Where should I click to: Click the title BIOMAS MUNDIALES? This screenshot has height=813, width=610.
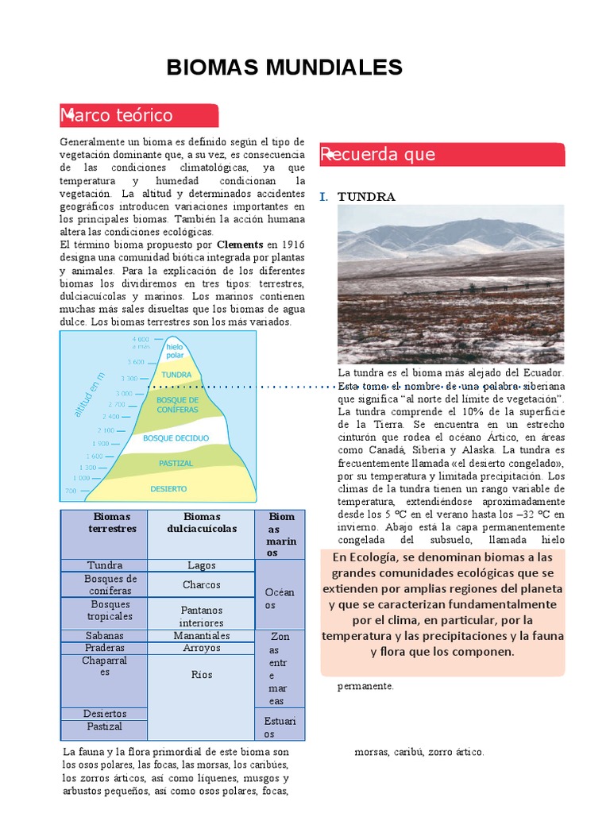click(284, 67)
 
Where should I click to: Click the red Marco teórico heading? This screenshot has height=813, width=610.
click(117, 115)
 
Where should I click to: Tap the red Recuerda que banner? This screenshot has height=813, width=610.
click(379, 154)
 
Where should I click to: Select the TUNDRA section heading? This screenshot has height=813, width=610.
click(366, 196)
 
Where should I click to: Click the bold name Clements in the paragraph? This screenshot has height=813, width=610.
click(240, 245)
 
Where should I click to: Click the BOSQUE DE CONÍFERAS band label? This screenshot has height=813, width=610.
click(177, 404)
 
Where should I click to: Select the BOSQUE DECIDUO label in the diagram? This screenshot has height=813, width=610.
click(176, 438)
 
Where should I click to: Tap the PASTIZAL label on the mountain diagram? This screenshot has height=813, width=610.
click(176, 463)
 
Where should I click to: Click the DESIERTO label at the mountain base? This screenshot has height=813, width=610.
click(168, 489)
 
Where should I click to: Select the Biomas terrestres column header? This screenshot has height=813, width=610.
click(112, 522)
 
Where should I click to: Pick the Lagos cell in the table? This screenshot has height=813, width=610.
click(202, 565)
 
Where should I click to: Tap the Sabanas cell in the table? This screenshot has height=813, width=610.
click(105, 635)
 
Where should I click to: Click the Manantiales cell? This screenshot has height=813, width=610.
click(202, 635)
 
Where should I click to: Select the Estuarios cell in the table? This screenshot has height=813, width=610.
click(280, 727)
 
